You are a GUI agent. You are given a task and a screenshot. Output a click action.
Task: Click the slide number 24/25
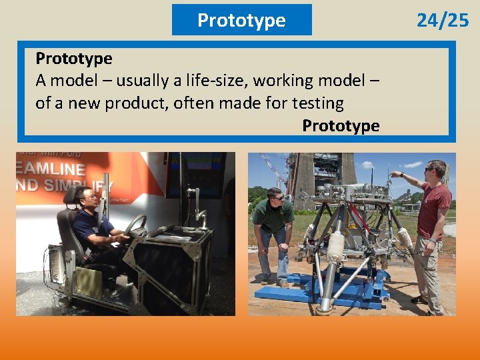[x=443, y=21]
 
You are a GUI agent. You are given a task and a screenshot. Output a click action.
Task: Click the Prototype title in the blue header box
[x=241, y=21]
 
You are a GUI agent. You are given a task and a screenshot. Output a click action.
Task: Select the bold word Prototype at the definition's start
[x=73, y=59]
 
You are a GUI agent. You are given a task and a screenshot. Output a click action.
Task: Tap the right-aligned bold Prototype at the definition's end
[x=341, y=125]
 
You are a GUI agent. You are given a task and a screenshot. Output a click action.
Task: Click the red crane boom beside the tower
[x=273, y=167]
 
